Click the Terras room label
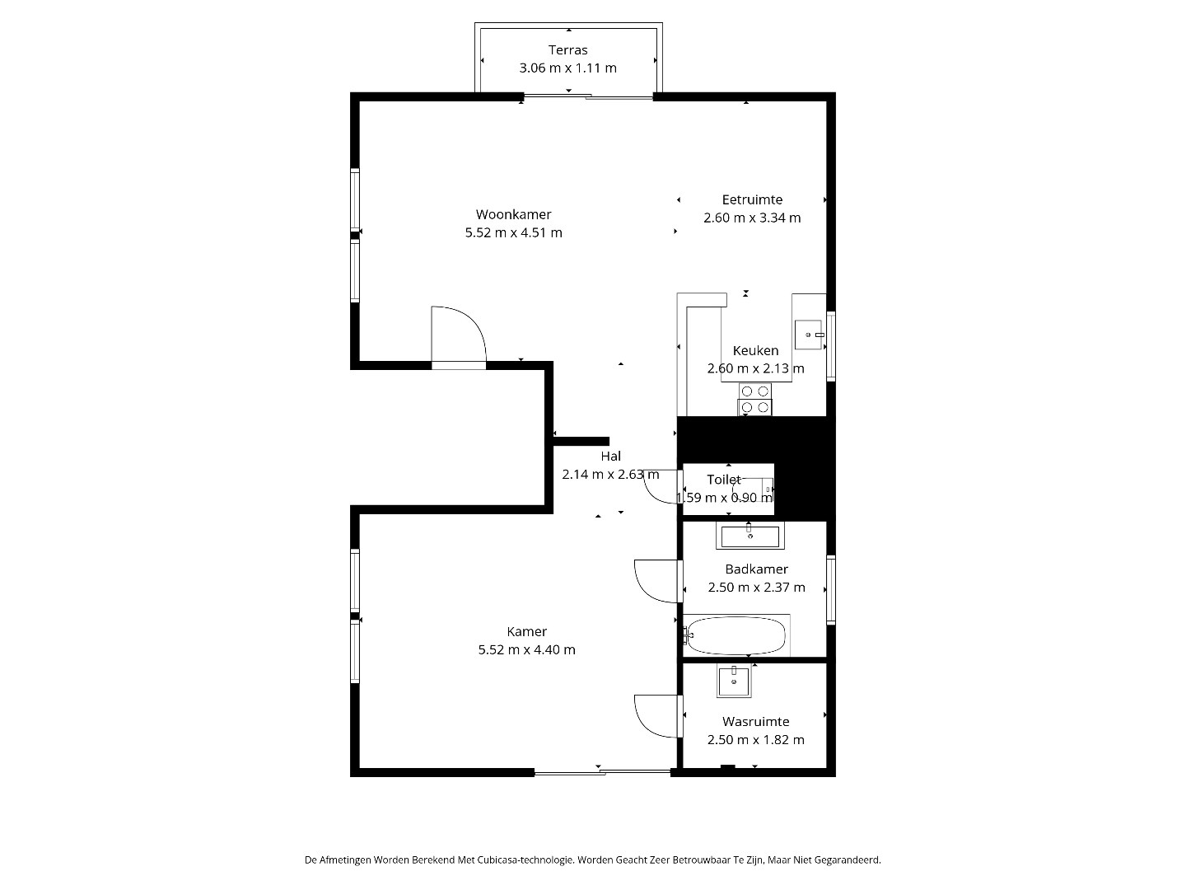(567, 50)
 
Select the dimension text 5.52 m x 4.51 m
(513, 233)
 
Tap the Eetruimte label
(752, 200)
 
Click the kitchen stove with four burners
(754, 400)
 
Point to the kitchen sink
(809, 335)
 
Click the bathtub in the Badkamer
(736, 635)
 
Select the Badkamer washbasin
(750, 536)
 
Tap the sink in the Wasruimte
(734, 682)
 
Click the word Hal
(610, 456)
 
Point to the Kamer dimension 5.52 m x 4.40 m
(526, 649)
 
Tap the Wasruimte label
(755, 721)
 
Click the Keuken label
(755, 351)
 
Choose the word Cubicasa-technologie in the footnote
(525, 860)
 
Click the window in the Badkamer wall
(831, 589)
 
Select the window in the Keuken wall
(831, 346)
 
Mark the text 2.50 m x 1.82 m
(755, 740)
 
